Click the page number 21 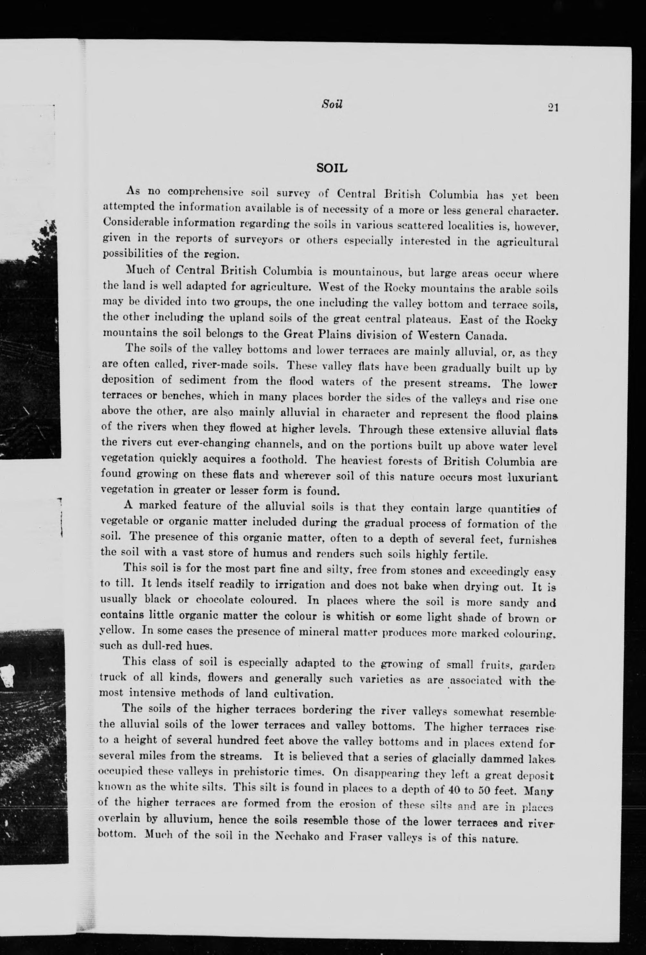click(552, 108)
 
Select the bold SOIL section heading click(332, 168)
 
